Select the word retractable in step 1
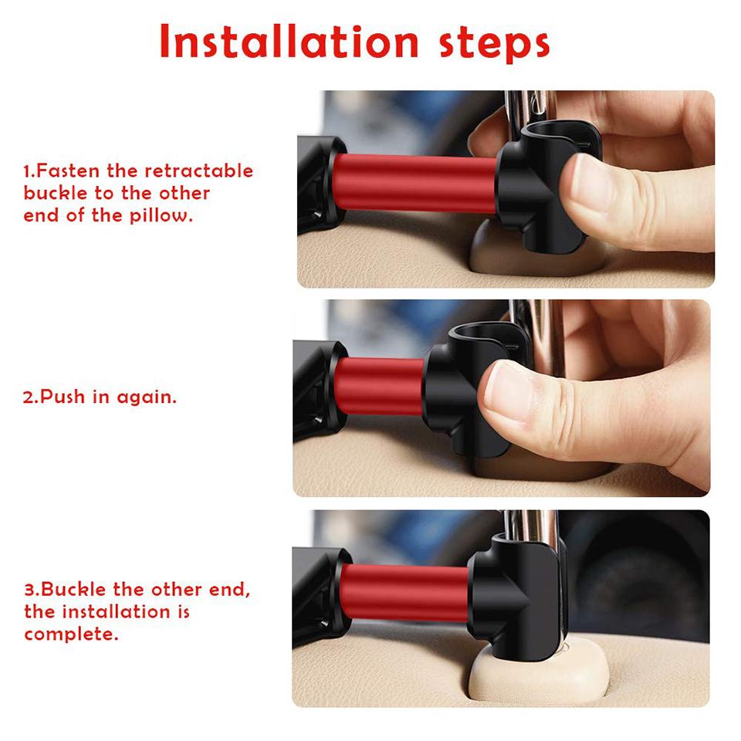(198, 171)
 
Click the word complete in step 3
(70, 634)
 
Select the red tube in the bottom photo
(404, 592)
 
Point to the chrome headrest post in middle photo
(540, 324)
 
